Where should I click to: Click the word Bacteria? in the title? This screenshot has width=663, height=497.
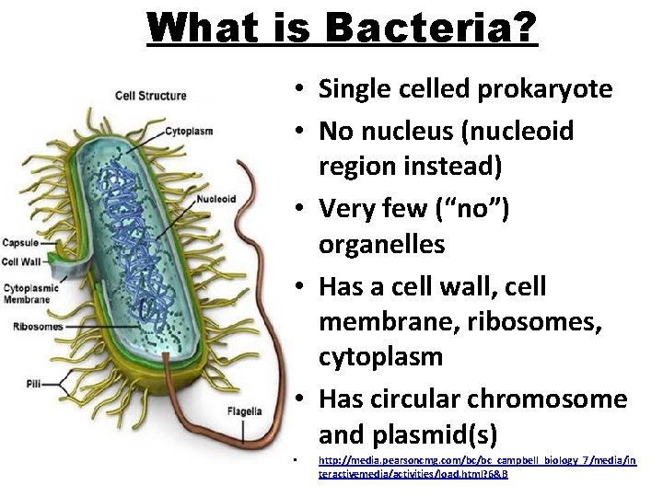[x=433, y=28]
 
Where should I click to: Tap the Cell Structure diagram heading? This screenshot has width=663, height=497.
[x=150, y=95]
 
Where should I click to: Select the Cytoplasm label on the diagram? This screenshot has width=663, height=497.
[x=189, y=131]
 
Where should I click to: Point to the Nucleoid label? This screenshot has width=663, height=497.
[x=215, y=198]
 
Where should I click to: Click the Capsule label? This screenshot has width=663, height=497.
[x=19, y=243]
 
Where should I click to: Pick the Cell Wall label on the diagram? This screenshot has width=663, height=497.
[x=22, y=261]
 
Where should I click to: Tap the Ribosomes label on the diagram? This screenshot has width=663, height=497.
[x=38, y=326]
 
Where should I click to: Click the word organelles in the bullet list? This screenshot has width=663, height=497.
[x=381, y=244]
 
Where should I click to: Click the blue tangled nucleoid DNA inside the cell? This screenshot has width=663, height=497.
[x=138, y=221]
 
